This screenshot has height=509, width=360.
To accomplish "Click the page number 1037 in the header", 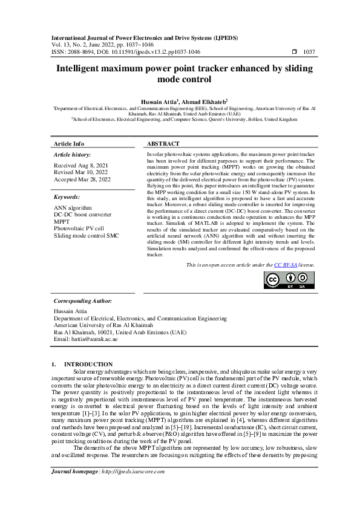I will coord(309,52).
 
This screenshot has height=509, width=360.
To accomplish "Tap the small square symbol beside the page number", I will coord(294,52).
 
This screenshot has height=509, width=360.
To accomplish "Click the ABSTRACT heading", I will coord(163,144).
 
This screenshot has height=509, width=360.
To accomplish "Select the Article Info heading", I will coord(69,144).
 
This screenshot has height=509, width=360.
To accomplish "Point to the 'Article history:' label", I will coord(71,155).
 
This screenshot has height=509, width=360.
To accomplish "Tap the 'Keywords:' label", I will coord(67,197).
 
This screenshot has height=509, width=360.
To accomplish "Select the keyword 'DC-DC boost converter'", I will coord(82,215).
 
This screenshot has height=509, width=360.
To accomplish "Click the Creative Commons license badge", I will coord(289,280).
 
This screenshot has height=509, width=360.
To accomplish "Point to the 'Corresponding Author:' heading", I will coord(82,300).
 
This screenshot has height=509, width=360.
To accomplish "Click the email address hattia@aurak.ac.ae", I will coord(85,339).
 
